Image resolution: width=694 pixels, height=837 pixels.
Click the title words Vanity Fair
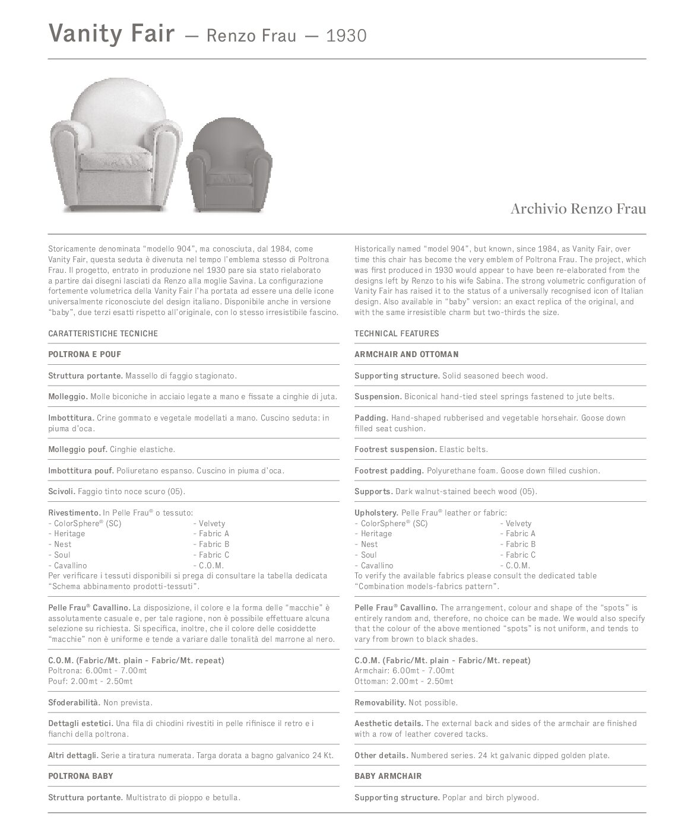point(111,34)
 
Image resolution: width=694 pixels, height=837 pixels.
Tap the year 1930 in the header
point(346,36)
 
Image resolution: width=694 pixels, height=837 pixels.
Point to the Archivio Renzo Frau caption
point(578,209)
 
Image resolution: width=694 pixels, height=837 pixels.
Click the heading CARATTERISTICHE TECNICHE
point(103,333)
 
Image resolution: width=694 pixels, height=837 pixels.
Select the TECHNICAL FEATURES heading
point(397,333)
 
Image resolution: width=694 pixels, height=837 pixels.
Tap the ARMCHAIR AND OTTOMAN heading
point(406,354)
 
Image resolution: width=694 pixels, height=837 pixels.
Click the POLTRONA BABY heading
point(80,776)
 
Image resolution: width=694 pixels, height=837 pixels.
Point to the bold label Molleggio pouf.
point(78,449)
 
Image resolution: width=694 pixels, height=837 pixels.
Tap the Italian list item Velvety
point(212,523)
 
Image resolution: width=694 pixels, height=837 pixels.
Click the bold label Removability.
point(380,702)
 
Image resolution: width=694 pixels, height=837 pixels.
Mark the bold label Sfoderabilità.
point(74,702)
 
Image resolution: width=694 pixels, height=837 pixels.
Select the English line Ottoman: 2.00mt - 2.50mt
point(404,681)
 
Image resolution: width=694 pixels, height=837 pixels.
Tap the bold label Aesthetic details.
point(389,723)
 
